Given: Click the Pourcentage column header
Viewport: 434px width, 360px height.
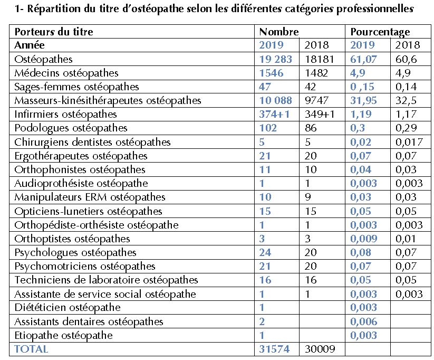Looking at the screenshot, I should pyautogui.click(x=380, y=32).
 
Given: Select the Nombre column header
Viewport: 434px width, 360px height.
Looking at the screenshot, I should pyautogui.click(x=279, y=32).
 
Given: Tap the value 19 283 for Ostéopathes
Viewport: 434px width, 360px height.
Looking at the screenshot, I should pyautogui.click(x=277, y=59).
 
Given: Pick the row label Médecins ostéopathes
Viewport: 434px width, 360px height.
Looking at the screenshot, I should pyautogui.click(x=67, y=73).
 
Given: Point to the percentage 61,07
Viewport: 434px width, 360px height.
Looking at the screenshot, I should pyautogui.click(x=364, y=59).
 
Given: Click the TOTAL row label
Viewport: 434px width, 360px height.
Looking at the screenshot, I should pyautogui.click(x=31, y=349).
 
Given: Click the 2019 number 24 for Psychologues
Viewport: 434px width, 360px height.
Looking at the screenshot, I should pyautogui.click(x=266, y=252).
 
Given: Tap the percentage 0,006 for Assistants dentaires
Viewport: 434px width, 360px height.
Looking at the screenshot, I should pyautogui.click(x=364, y=321).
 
